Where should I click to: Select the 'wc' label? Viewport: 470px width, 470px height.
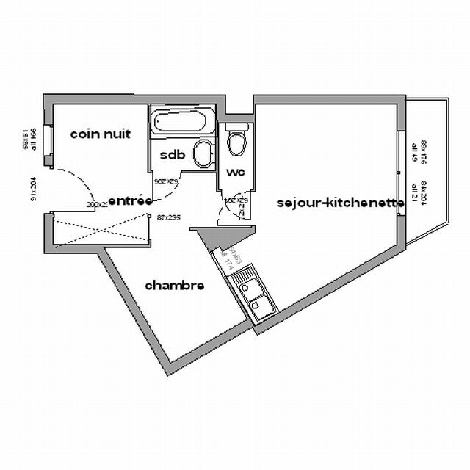coord(236,172)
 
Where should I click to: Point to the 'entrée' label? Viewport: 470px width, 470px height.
coord(130,200)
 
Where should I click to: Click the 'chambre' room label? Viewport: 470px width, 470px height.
coord(174,285)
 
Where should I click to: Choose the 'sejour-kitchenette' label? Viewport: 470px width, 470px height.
coord(340,202)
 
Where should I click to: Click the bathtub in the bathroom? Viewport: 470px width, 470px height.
coord(184,123)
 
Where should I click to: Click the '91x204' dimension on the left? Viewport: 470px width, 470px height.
coord(34,188)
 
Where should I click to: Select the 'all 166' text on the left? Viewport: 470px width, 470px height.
coord(34,137)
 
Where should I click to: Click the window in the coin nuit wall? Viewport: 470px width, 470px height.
coord(47,144)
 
